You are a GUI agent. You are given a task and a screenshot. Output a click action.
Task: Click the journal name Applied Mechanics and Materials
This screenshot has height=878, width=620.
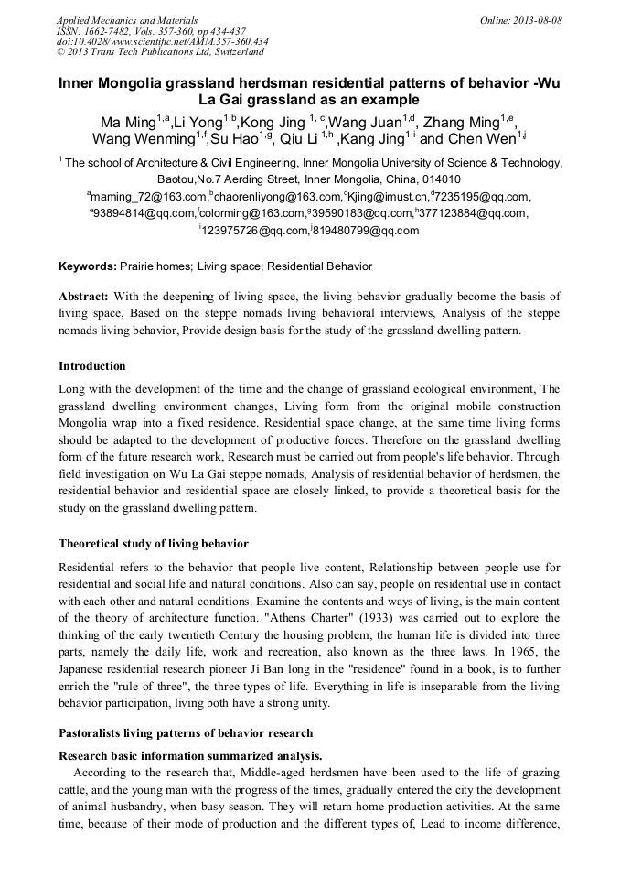126,20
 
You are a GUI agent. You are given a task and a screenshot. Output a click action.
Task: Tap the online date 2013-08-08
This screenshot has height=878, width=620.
540,20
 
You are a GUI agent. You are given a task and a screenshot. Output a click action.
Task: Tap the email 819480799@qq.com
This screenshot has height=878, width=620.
367,231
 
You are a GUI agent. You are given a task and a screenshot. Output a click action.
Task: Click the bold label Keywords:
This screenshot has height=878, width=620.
88,266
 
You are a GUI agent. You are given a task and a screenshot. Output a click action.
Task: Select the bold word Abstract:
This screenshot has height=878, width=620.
84,297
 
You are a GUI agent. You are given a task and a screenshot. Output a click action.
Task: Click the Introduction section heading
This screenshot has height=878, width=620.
92,366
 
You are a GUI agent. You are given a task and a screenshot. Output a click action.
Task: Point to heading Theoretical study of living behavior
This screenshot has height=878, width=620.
154,544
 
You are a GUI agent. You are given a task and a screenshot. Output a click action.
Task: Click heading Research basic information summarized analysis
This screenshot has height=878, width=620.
190,756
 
